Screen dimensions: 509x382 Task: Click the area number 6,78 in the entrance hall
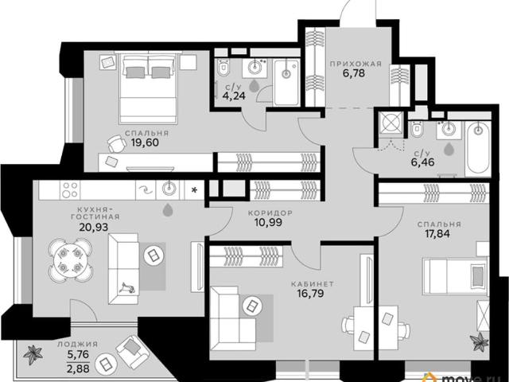point(353,73)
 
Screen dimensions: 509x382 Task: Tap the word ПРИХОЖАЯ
point(356,64)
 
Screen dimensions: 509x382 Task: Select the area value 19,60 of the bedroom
point(145,142)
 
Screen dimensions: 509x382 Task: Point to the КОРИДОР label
point(270,213)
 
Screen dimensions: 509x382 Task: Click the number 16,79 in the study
point(310,294)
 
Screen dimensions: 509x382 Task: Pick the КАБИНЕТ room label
point(313,284)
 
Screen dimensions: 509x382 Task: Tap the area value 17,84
point(437,233)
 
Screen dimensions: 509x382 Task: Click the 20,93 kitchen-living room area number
point(94,227)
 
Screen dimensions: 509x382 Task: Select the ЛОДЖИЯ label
point(77,345)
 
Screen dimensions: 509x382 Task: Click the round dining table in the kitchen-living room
point(71,260)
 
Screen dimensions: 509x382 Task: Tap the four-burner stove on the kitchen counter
point(70,190)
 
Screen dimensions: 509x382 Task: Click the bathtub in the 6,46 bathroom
point(477,148)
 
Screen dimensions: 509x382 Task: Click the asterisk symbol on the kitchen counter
point(194,190)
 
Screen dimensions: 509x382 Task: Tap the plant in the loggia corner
point(33,355)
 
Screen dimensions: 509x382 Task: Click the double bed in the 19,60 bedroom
point(148,88)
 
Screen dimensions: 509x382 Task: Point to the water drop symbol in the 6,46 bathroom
point(449,149)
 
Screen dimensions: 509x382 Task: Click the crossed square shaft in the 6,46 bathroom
point(390,123)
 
